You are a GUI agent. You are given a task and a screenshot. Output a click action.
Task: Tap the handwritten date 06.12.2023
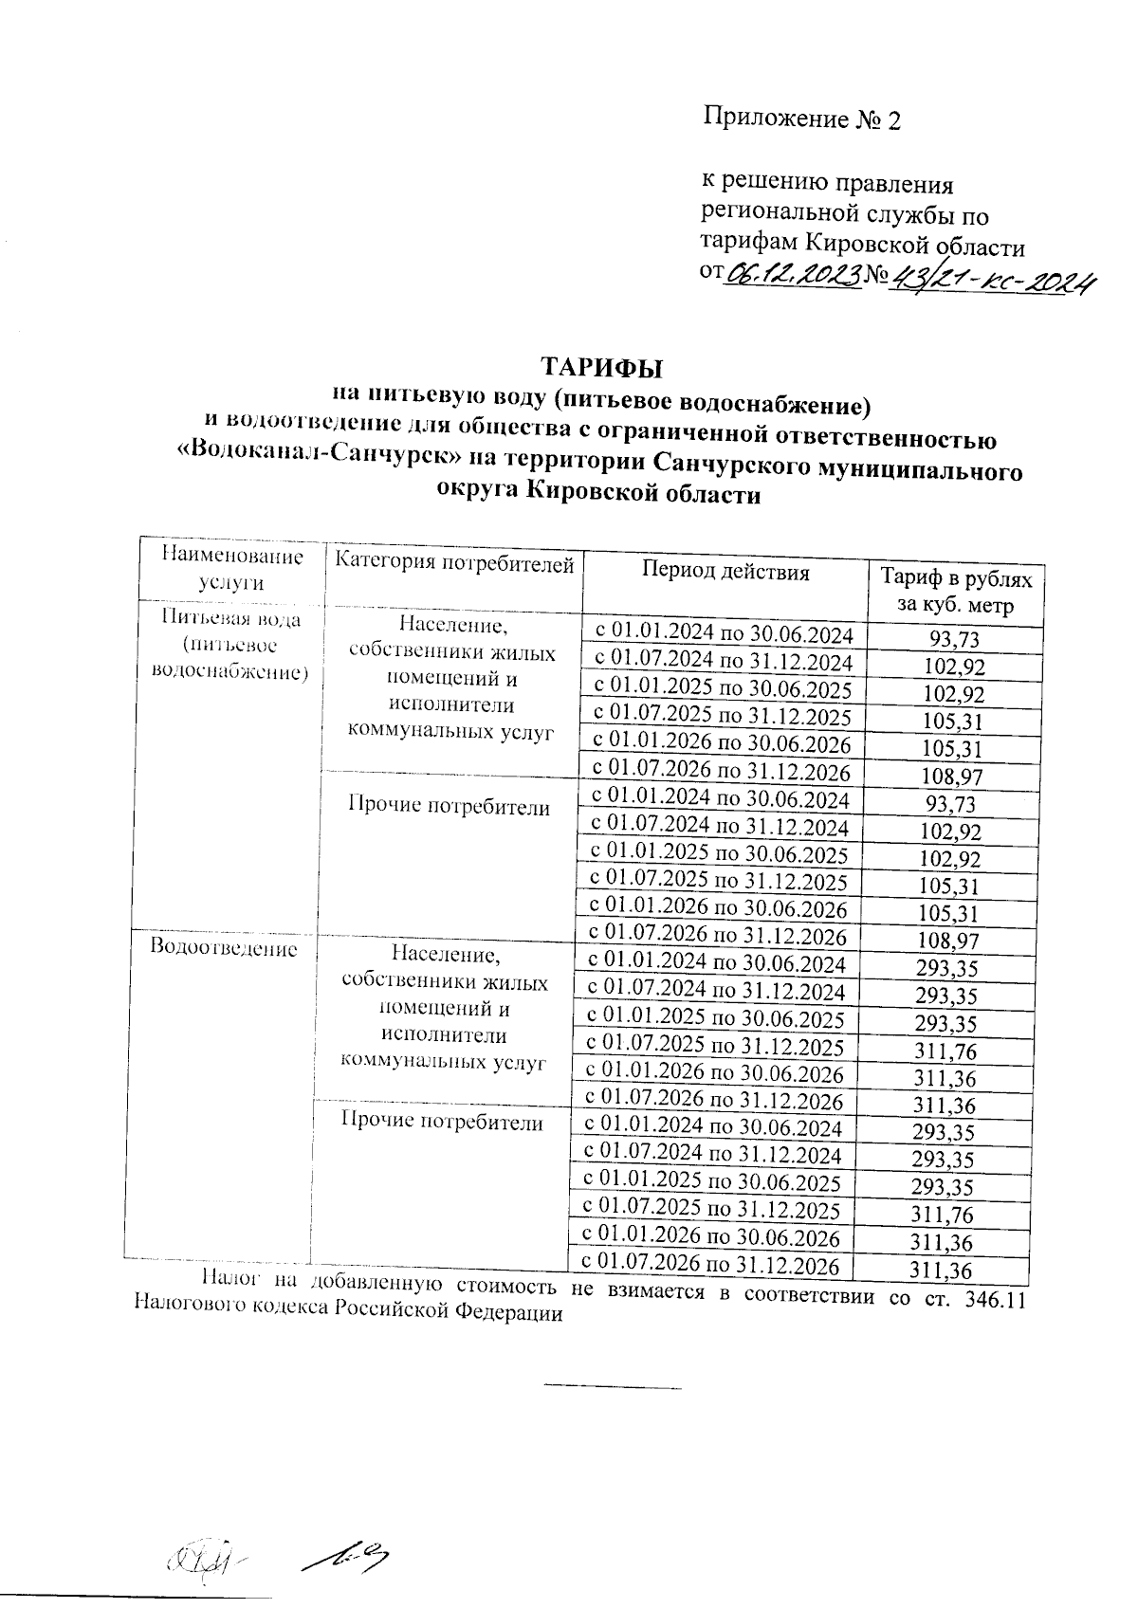(x=795, y=276)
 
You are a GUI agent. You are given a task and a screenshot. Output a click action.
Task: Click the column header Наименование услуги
(x=232, y=569)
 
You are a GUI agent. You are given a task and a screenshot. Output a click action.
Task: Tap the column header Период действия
(x=725, y=571)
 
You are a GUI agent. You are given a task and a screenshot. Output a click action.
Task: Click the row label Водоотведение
(x=224, y=948)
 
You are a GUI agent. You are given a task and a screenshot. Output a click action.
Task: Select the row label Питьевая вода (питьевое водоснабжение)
(x=230, y=646)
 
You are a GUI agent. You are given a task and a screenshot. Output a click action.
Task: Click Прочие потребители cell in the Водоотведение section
(x=442, y=1124)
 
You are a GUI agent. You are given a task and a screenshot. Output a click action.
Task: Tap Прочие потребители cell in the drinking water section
(x=450, y=807)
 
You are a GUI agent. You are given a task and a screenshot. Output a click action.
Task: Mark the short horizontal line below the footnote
(x=613, y=1388)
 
